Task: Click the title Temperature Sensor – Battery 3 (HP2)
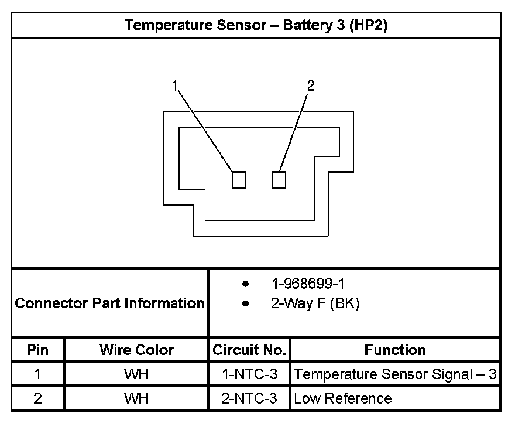pyautogui.click(x=256, y=26)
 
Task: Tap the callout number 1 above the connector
pyautogui.click(x=174, y=86)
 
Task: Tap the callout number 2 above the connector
pyautogui.click(x=311, y=86)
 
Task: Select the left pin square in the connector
pyautogui.click(x=239, y=180)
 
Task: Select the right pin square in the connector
pyautogui.click(x=279, y=180)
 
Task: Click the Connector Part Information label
pyautogui.click(x=109, y=303)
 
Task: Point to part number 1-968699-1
pyautogui.click(x=308, y=284)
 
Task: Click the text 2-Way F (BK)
pyautogui.click(x=315, y=304)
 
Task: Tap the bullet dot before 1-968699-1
pyautogui.click(x=246, y=285)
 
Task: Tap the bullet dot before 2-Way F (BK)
pyautogui.click(x=246, y=305)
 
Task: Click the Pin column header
pyautogui.click(x=38, y=350)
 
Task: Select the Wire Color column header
pyautogui.click(x=136, y=350)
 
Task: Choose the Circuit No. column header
pyautogui.click(x=249, y=350)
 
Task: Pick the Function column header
pyautogui.click(x=395, y=350)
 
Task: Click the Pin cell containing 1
pyautogui.click(x=38, y=374)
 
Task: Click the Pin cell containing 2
pyautogui.click(x=38, y=398)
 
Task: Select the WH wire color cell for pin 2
pyautogui.click(x=136, y=398)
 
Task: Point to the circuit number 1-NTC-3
pyautogui.click(x=249, y=374)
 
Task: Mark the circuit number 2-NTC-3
pyautogui.click(x=249, y=398)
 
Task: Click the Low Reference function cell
pyautogui.click(x=343, y=398)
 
